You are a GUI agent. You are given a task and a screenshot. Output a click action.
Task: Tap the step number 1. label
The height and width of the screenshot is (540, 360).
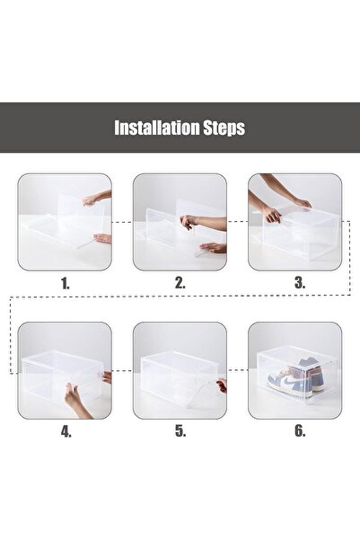pyautogui.click(x=66, y=282)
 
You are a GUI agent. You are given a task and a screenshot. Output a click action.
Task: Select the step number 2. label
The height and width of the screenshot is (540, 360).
pyautogui.click(x=180, y=282)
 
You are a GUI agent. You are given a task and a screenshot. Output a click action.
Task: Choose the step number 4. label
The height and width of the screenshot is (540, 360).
pyautogui.click(x=66, y=430)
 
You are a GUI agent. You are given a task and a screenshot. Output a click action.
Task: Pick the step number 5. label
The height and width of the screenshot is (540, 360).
pyautogui.click(x=180, y=430)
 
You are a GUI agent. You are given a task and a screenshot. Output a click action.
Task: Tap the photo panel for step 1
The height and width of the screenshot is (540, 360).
pyautogui.click(x=66, y=222)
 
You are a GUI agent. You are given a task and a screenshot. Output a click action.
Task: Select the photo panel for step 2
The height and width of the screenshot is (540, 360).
pyautogui.click(x=180, y=222)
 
